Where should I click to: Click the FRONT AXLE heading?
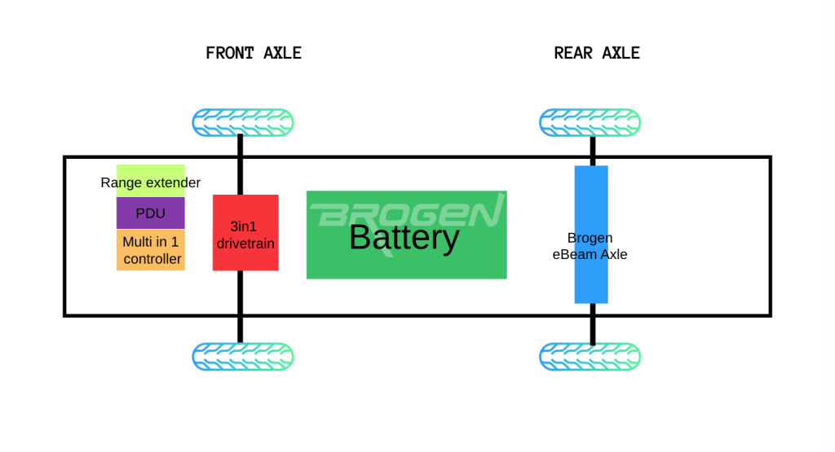click(254, 53)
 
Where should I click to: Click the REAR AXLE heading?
click(597, 53)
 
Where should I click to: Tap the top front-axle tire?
click(243, 123)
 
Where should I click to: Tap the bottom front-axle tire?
click(243, 356)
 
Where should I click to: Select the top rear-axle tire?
click(590, 123)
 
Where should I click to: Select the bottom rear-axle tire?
click(590, 356)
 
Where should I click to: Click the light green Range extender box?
click(151, 181)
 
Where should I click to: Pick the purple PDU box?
click(151, 213)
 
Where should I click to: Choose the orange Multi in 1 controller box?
click(151, 250)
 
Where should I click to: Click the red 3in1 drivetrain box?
click(245, 232)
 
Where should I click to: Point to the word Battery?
click(404, 238)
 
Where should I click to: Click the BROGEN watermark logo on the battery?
click(407, 213)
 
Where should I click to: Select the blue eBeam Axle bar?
click(591, 235)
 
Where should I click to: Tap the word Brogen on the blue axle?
click(590, 238)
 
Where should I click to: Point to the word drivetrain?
click(245, 244)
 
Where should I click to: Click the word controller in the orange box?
click(152, 259)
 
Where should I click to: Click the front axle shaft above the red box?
click(241, 165)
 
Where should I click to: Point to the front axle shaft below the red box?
click(241, 307)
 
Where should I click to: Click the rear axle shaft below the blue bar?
click(593, 324)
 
